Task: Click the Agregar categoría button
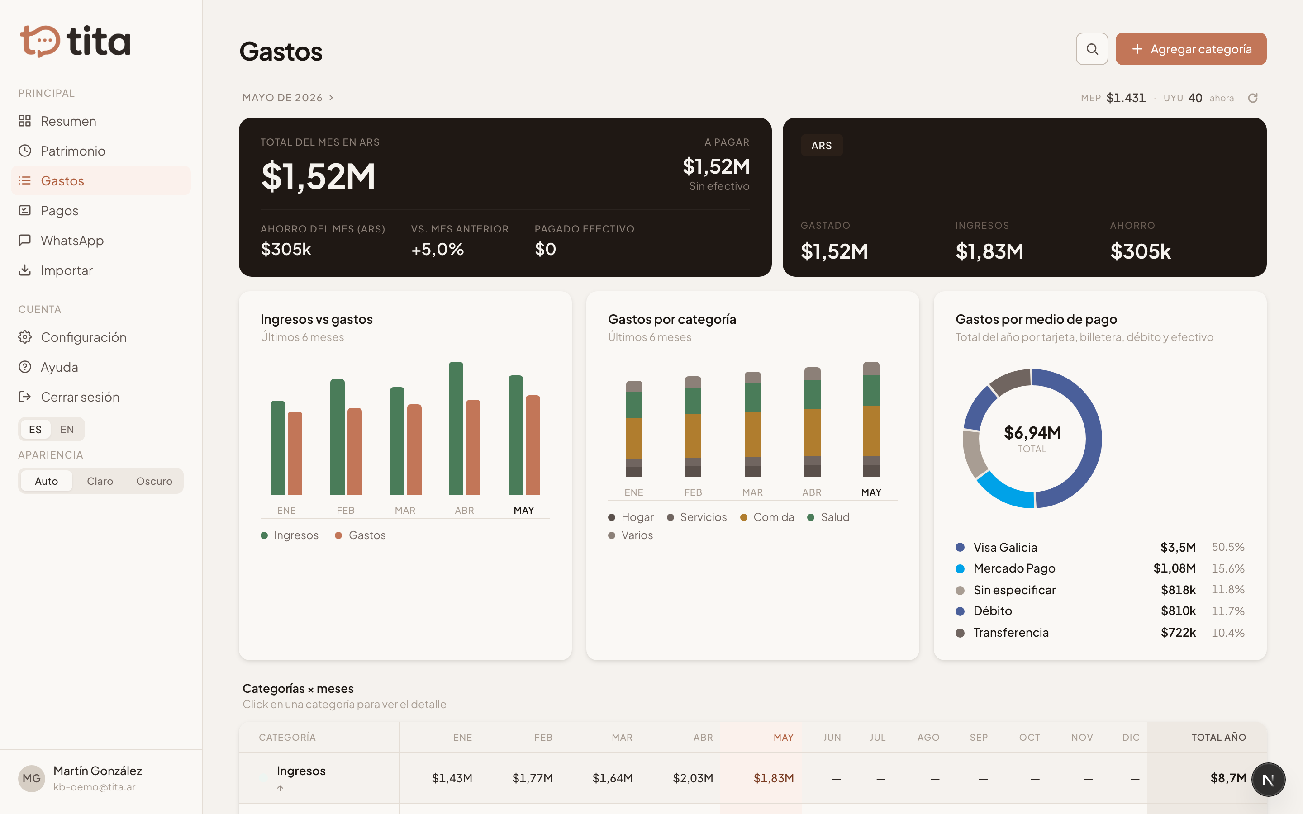[1190, 49]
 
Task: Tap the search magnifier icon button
[1092, 49]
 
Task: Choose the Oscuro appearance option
[154, 481]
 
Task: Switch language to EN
[67, 430]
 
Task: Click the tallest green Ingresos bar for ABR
[456, 428]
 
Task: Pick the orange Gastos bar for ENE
[295, 453]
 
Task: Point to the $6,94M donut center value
[1032, 432]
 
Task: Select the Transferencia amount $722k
[1178, 633]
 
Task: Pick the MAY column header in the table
[784, 738]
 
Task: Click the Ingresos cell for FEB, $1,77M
[533, 778]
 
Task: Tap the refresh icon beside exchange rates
[1253, 98]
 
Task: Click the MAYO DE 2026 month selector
[288, 97]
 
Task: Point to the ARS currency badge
[822, 145]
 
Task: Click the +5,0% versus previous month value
[437, 249]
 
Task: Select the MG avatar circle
[31, 778]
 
